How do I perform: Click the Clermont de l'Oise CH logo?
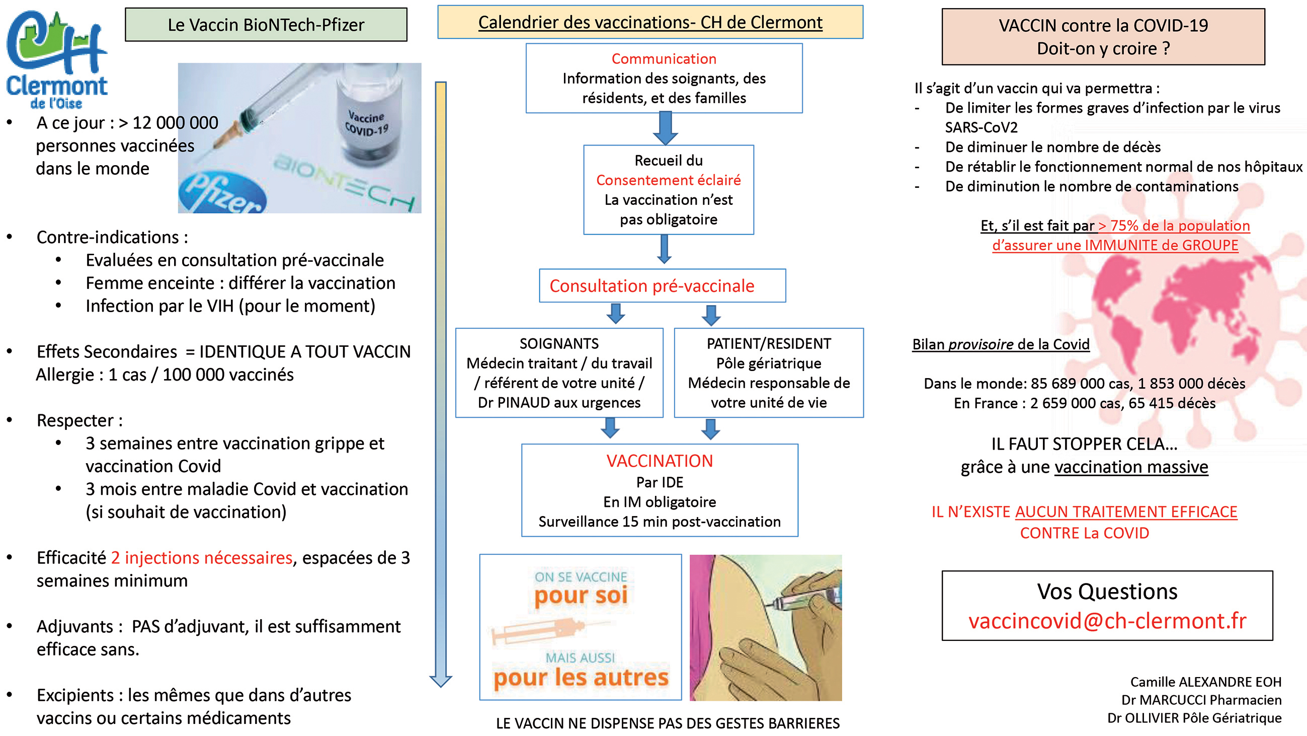click(x=57, y=58)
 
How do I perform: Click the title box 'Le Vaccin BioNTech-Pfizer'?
click(x=266, y=24)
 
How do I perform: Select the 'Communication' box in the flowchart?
click(x=664, y=78)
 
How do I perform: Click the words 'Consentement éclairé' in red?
click(x=668, y=180)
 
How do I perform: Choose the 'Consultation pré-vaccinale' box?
click(x=662, y=286)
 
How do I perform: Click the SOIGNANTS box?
click(x=559, y=373)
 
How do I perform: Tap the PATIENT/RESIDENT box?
click(x=769, y=373)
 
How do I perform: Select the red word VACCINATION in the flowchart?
click(x=660, y=461)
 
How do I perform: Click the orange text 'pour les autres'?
click(x=581, y=678)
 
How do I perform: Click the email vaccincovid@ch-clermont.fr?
click(x=1107, y=621)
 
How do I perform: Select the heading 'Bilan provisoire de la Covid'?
click(x=1001, y=344)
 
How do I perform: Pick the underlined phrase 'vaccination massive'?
click(x=1131, y=467)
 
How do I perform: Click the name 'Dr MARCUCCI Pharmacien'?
click(x=1201, y=700)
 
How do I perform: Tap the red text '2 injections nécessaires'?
click(x=201, y=558)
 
